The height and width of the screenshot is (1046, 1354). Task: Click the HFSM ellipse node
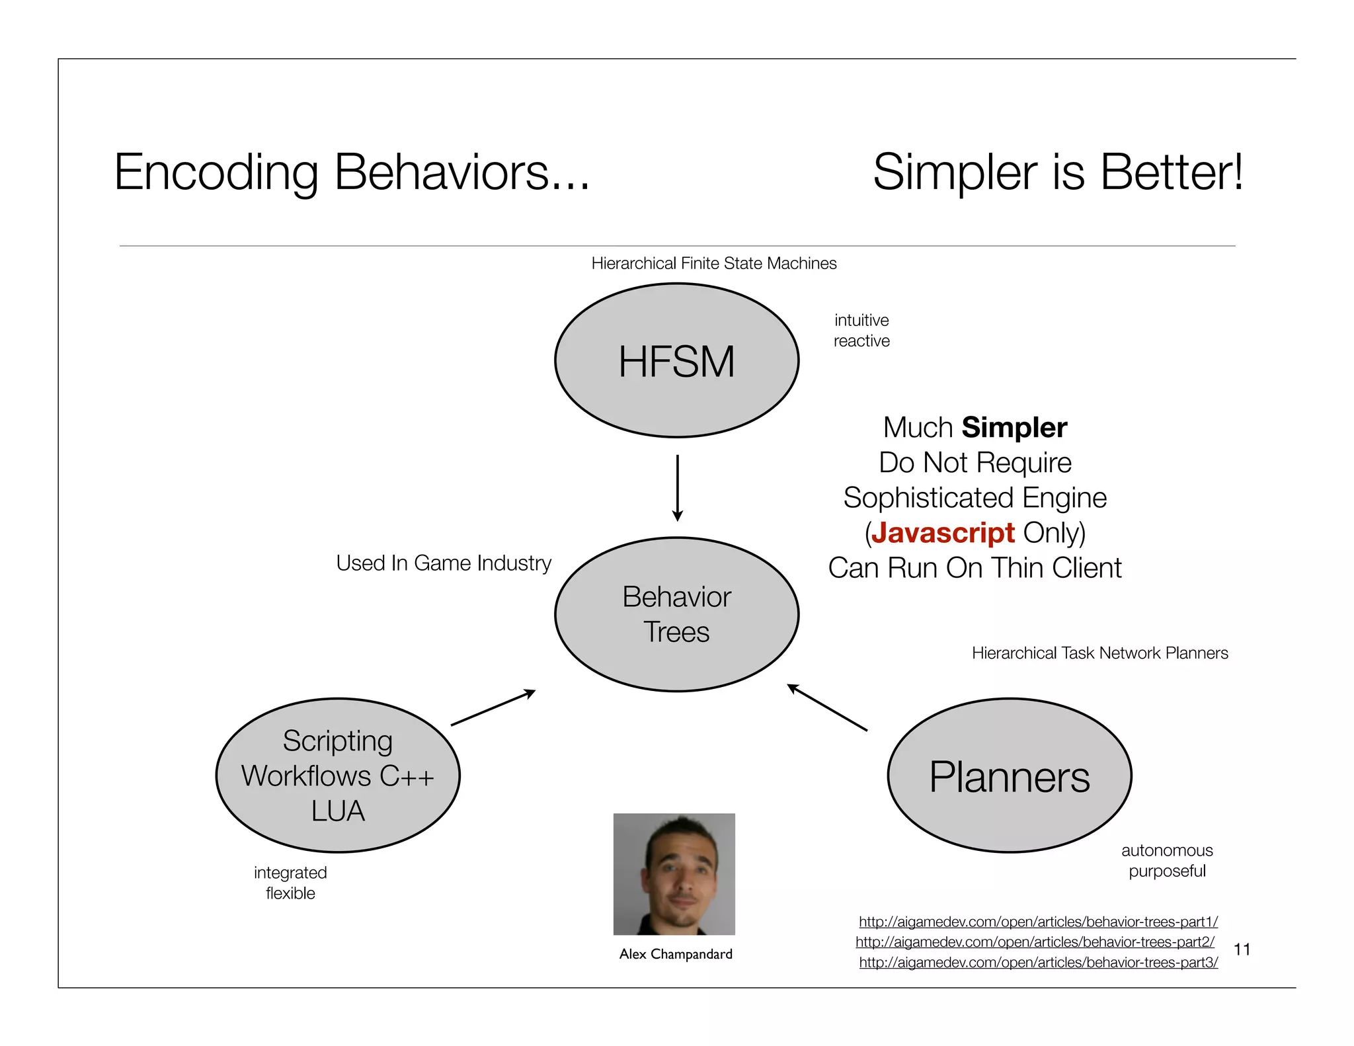(x=676, y=361)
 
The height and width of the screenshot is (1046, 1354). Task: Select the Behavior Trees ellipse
(x=676, y=614)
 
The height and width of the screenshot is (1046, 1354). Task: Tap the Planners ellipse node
(x=1009, y=776)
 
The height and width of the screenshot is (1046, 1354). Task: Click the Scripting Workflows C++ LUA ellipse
(x=338, y=776)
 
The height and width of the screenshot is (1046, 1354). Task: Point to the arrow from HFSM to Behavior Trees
(x=677, y=487)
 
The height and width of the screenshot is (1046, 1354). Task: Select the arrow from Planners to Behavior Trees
(x=827, y=707)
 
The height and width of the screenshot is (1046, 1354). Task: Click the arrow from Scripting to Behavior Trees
(x=493, y=707)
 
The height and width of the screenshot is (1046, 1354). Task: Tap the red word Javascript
(x=942, y=533)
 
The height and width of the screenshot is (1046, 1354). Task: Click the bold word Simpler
(x=1014, y=428)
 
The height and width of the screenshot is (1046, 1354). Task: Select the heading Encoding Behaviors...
(x=351, y=173)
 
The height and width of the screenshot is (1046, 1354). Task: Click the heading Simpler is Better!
(x=1057, y=173)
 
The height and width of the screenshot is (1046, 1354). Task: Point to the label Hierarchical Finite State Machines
(x=713, y=264)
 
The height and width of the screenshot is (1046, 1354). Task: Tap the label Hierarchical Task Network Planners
(x=1099, y=653)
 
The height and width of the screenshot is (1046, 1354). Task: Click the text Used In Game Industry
(x=443, y=563)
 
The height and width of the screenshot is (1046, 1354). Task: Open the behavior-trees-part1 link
(x=1038, y=922)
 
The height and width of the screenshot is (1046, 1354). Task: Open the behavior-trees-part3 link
(x=1038, y=963)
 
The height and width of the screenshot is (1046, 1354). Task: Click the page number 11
(x=1242, y=949)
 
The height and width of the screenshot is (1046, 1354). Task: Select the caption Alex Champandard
(x=676, y=954)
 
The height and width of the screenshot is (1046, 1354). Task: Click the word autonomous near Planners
(x=1167, y=850)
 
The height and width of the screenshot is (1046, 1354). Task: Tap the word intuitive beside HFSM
(x=861, y=321)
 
